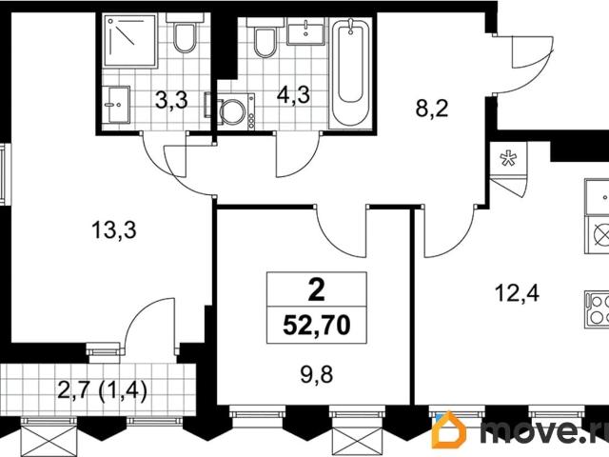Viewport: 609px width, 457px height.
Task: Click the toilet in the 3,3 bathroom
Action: pos(186,39)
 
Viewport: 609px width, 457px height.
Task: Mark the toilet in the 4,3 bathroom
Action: pos(265,42)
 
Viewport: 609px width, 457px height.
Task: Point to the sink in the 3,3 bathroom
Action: pos(116,103)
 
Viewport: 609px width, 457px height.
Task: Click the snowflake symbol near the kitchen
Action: pos(508,158)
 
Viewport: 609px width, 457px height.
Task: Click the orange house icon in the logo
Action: pos(449,430)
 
